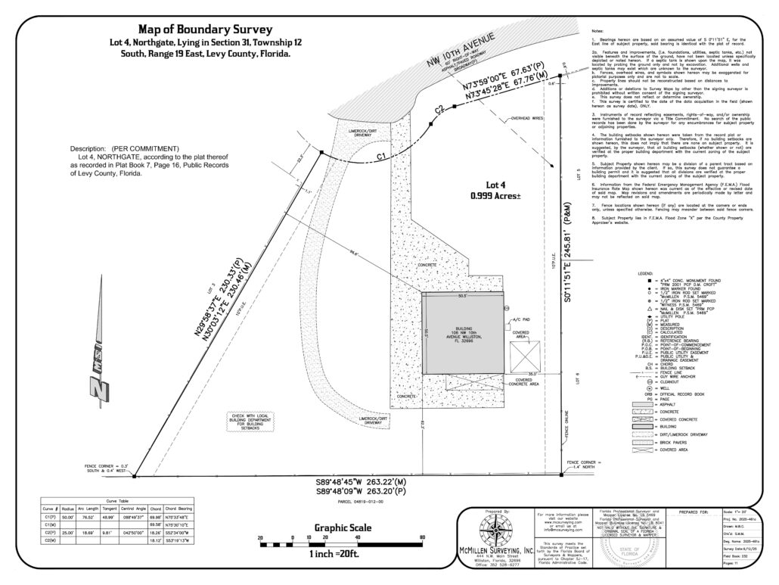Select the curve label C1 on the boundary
(381, 155)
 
